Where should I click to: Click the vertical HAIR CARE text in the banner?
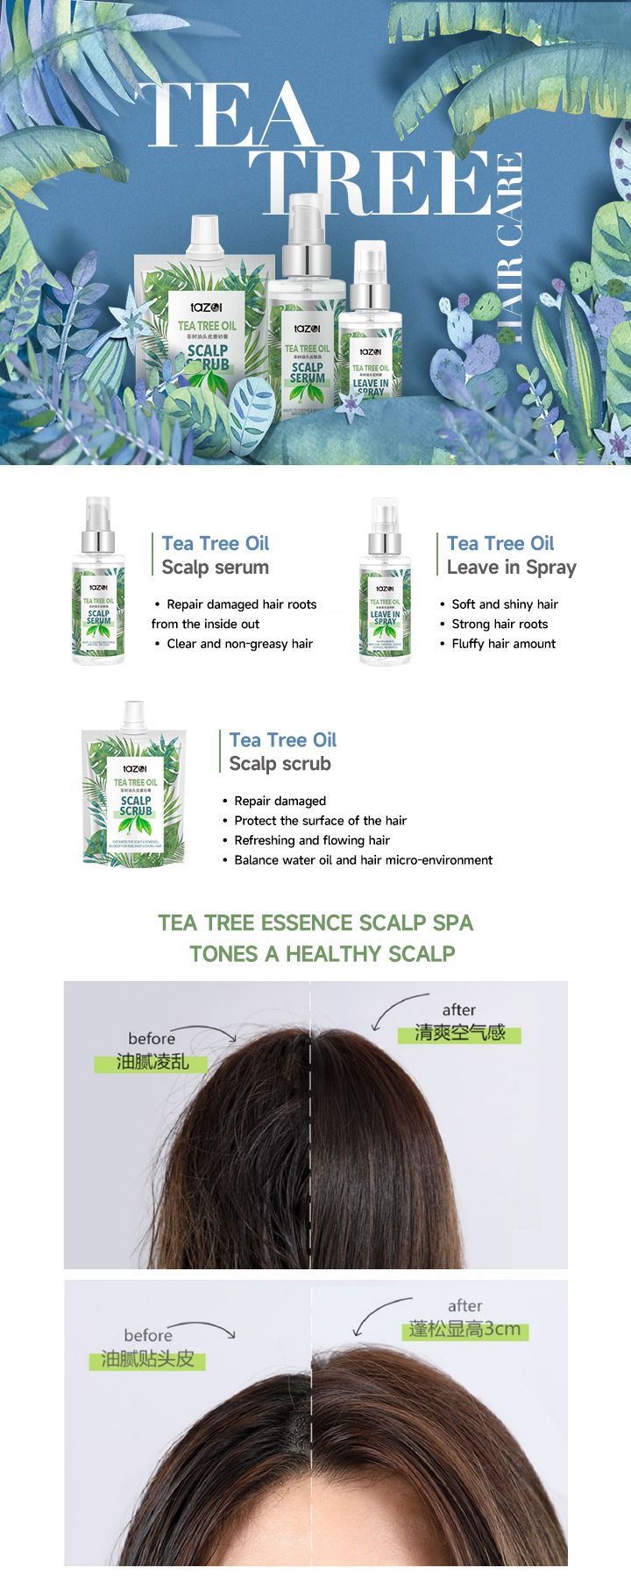(x=509, y=248)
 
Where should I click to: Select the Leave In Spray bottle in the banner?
(x=370, y=333)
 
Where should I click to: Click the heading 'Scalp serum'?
(x=215, y=568)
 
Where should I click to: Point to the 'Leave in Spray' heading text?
(x=511, y=568)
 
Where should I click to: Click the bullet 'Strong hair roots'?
(x=500, y=625)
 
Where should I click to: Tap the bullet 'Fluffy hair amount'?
(x=503, y=644)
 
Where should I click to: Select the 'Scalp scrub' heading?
(x=280, y=764)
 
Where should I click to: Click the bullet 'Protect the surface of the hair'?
(x=320, y=821)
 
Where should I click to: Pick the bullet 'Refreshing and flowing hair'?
(x=312, y=841)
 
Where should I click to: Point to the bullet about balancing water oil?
(x=363, y=860)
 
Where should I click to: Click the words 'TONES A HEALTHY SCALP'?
(x=322, y=954)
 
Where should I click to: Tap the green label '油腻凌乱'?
(x=152, y=1063)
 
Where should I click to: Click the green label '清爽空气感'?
(x=459, y=1034)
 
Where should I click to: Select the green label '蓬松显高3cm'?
(x=464, y=1330)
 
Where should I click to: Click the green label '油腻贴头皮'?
(x=147, y=1359)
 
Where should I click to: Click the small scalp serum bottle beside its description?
(x=98, y=582)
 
